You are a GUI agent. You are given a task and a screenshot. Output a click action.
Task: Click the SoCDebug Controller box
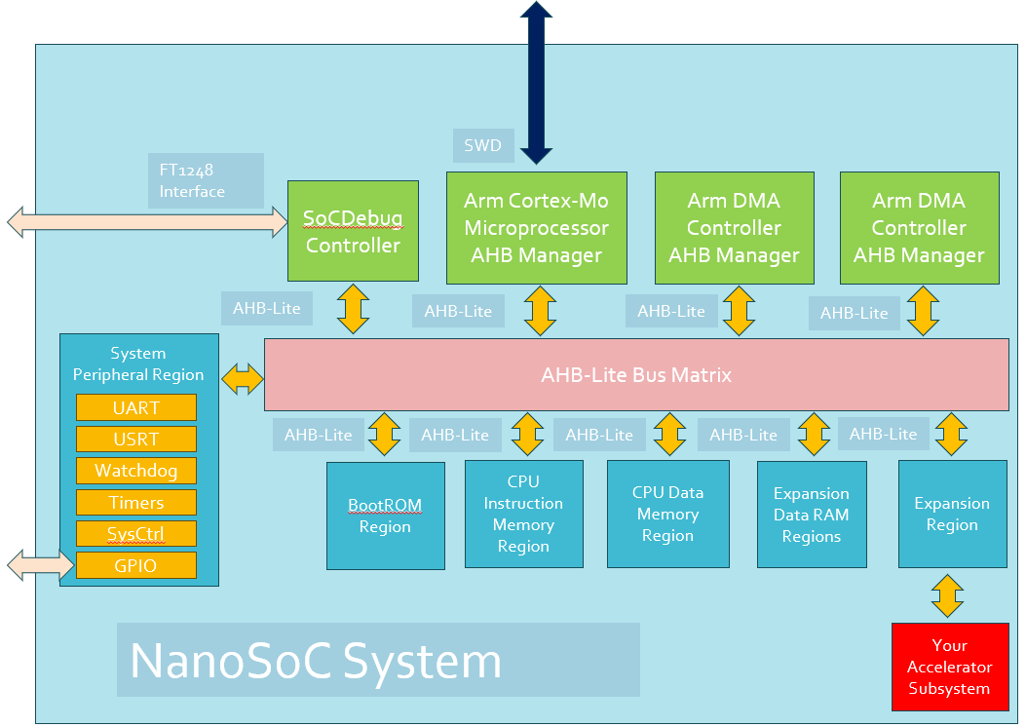pyautogui.click(x=353, y=231)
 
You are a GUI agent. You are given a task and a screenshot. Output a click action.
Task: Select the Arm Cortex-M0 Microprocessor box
pyautogui.click(x=537, y=228)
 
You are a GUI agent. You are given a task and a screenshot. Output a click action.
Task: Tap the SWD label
pyautogui.click(x=483, y=145)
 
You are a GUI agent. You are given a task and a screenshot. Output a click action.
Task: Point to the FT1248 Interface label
pyautogui.click(x=206, y=180)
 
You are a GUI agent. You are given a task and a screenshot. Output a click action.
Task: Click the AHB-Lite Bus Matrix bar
pyautogui.click(x=636, y=374)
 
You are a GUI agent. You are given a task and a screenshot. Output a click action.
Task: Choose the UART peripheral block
pyautogui.click(x=136, y=407)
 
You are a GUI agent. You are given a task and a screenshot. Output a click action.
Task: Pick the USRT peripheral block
pyautogui.click(x=136, y=440)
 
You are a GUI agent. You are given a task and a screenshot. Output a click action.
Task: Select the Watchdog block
pyautogui.click(x=136, y=471)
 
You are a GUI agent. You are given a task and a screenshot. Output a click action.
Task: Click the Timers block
pyautogui.click(x=136, y=502)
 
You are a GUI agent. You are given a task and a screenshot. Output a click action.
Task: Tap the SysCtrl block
pyautogui.click(x=136, y=533)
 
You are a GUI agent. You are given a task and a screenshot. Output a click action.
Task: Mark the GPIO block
pyautogui.click(x=136, y=565)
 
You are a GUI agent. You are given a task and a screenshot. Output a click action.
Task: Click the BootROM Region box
pyautogui.click(x=386, y=516)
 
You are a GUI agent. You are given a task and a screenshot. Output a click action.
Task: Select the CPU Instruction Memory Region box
pyautogui.click(x=523, y=514)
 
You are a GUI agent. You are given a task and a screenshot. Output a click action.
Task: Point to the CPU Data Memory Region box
pyautogui.click(x=668, y=514)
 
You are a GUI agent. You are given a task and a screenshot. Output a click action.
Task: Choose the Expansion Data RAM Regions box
pyautogui.click(x=812, y=515)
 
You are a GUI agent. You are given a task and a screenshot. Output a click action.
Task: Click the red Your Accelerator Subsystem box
pyautogui.click(x=950, y=667)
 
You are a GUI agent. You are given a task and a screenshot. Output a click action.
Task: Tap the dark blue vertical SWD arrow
pyautogui.click(x=537, y=83)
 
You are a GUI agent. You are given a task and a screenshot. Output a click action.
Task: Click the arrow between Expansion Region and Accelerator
pyautogui.click(x=947, y=595)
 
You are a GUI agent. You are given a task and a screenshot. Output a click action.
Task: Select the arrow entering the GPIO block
pyautogui.click(x=41, y=564)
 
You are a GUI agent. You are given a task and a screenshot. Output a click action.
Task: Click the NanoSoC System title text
pyautogui.click(x=316, y=661)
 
